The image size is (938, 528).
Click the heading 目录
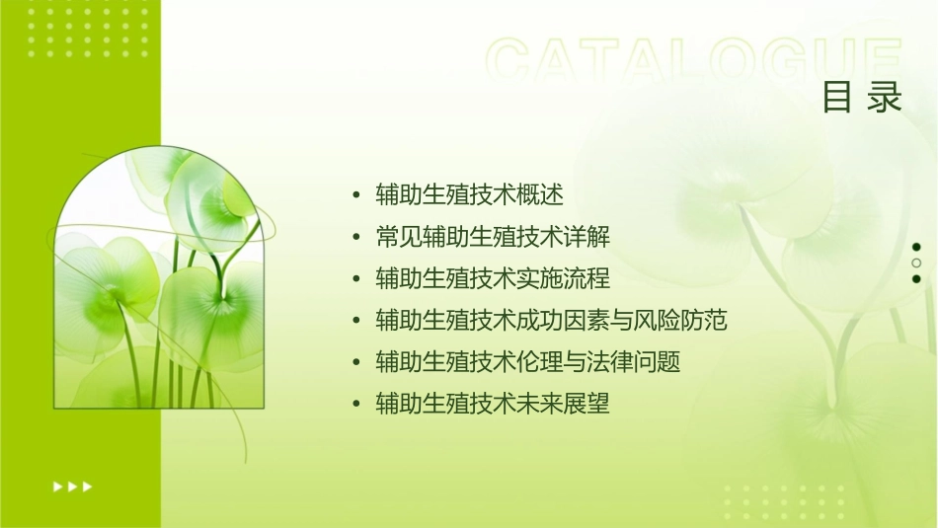pyautogui.click(x=862, y=98)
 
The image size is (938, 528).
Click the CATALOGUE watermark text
pyautogui.click(x=693, y=61)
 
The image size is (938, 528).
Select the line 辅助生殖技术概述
pyautogui.click(x=469, y=195)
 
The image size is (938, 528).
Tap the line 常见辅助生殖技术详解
pyautogui.click(x=493, y=237)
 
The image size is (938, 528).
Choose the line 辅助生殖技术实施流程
pyautogui.click(x=493, y=278)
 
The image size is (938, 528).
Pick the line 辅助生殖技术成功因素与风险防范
pyautogui.click(x=551, y=320)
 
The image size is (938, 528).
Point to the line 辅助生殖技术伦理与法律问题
pyautogui.click(x=528, y=362)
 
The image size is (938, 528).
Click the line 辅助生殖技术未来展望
pyautogui.click(x=493, y=404)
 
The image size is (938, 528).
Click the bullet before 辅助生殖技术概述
pyautogui.click(x=356, y=195)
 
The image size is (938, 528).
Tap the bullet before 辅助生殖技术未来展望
pyautogui.click(x=356, y=404)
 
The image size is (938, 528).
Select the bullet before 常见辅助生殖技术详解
pyautogui.click(x=356, y=237)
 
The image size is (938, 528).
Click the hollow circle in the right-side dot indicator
pyautogui.click(x=916, y=263)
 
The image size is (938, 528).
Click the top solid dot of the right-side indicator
pyautogui.click(x=916, y=247)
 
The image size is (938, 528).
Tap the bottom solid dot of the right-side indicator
pyautogui.click(x=916, y=278)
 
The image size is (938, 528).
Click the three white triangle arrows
pyautogui.click(x=72, y=486)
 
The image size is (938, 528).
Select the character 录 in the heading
pyautogui.click(x=886, y=98)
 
